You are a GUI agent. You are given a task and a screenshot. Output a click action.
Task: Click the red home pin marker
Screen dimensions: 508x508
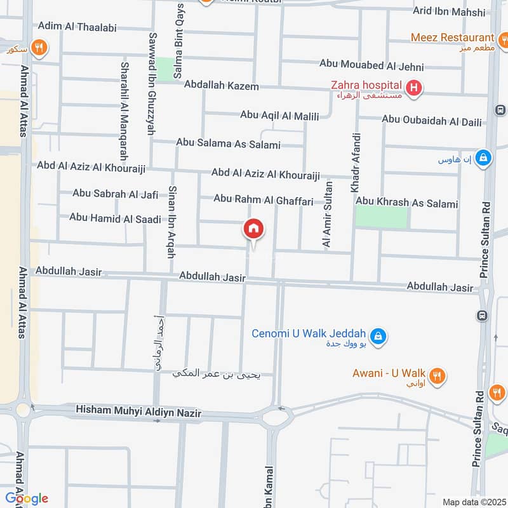point(253,229)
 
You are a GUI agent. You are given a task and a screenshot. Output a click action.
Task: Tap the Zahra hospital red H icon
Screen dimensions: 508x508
point(413,88)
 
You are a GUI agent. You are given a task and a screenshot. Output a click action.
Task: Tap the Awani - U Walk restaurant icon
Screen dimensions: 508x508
point(436,376)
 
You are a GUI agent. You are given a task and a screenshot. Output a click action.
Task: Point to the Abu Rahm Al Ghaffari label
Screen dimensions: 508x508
point(264,200)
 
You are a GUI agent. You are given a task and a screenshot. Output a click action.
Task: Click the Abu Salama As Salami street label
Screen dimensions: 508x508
point(228,144)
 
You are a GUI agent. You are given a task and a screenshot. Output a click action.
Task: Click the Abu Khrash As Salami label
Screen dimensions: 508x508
point(406,204)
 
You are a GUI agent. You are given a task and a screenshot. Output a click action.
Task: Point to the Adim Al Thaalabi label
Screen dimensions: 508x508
point(76,26)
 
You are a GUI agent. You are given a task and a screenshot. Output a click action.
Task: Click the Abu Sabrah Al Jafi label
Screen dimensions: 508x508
point(115,194)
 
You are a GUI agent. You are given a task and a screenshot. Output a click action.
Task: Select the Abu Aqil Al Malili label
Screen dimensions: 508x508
point(279,115)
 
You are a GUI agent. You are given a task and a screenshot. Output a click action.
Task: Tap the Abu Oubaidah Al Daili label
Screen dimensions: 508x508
point(432,119)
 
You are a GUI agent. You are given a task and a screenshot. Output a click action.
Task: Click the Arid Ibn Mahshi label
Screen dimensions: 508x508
point(449,11)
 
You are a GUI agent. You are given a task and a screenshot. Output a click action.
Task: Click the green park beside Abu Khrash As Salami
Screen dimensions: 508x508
point(381,217)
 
